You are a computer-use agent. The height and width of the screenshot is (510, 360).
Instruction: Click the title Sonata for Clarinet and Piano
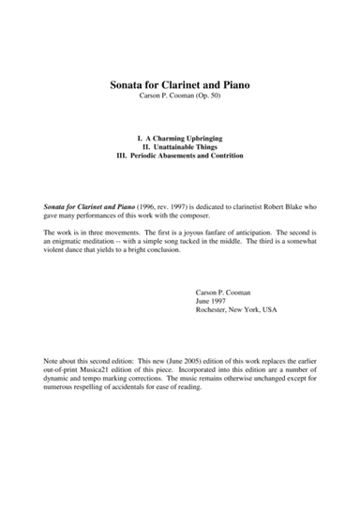(x=180, y=85)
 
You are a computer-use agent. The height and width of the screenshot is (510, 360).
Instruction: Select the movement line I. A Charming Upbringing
(x=179, y=138)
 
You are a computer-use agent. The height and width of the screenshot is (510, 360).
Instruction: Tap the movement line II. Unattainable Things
(x=179, y=146)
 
